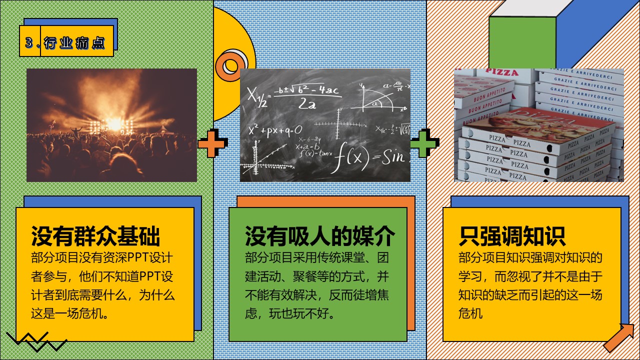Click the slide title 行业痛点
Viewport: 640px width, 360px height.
(x=74, y=43)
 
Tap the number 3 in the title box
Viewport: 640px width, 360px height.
(x=29, y=42)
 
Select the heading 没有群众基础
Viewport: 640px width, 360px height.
(x=95, y=236)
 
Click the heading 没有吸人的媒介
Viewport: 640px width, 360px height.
(x=320, y=236)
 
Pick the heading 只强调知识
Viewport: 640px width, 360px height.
(x=512, y=236)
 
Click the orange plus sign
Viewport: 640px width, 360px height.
(x=213, y=143)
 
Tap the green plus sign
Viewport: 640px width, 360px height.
(x=425, y=143)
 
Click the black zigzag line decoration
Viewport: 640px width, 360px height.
(x=36, y=341)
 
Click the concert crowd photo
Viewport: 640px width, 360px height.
(x=111, y=125)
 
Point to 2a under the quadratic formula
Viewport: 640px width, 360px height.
(x=307, y=103)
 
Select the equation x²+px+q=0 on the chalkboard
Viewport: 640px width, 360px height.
(x=275, y=131)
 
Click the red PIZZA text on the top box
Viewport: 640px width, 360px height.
(x=502, y=72)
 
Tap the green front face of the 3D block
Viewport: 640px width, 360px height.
(x=522, y=42)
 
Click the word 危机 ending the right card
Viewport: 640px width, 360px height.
(x=470, y=313)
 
